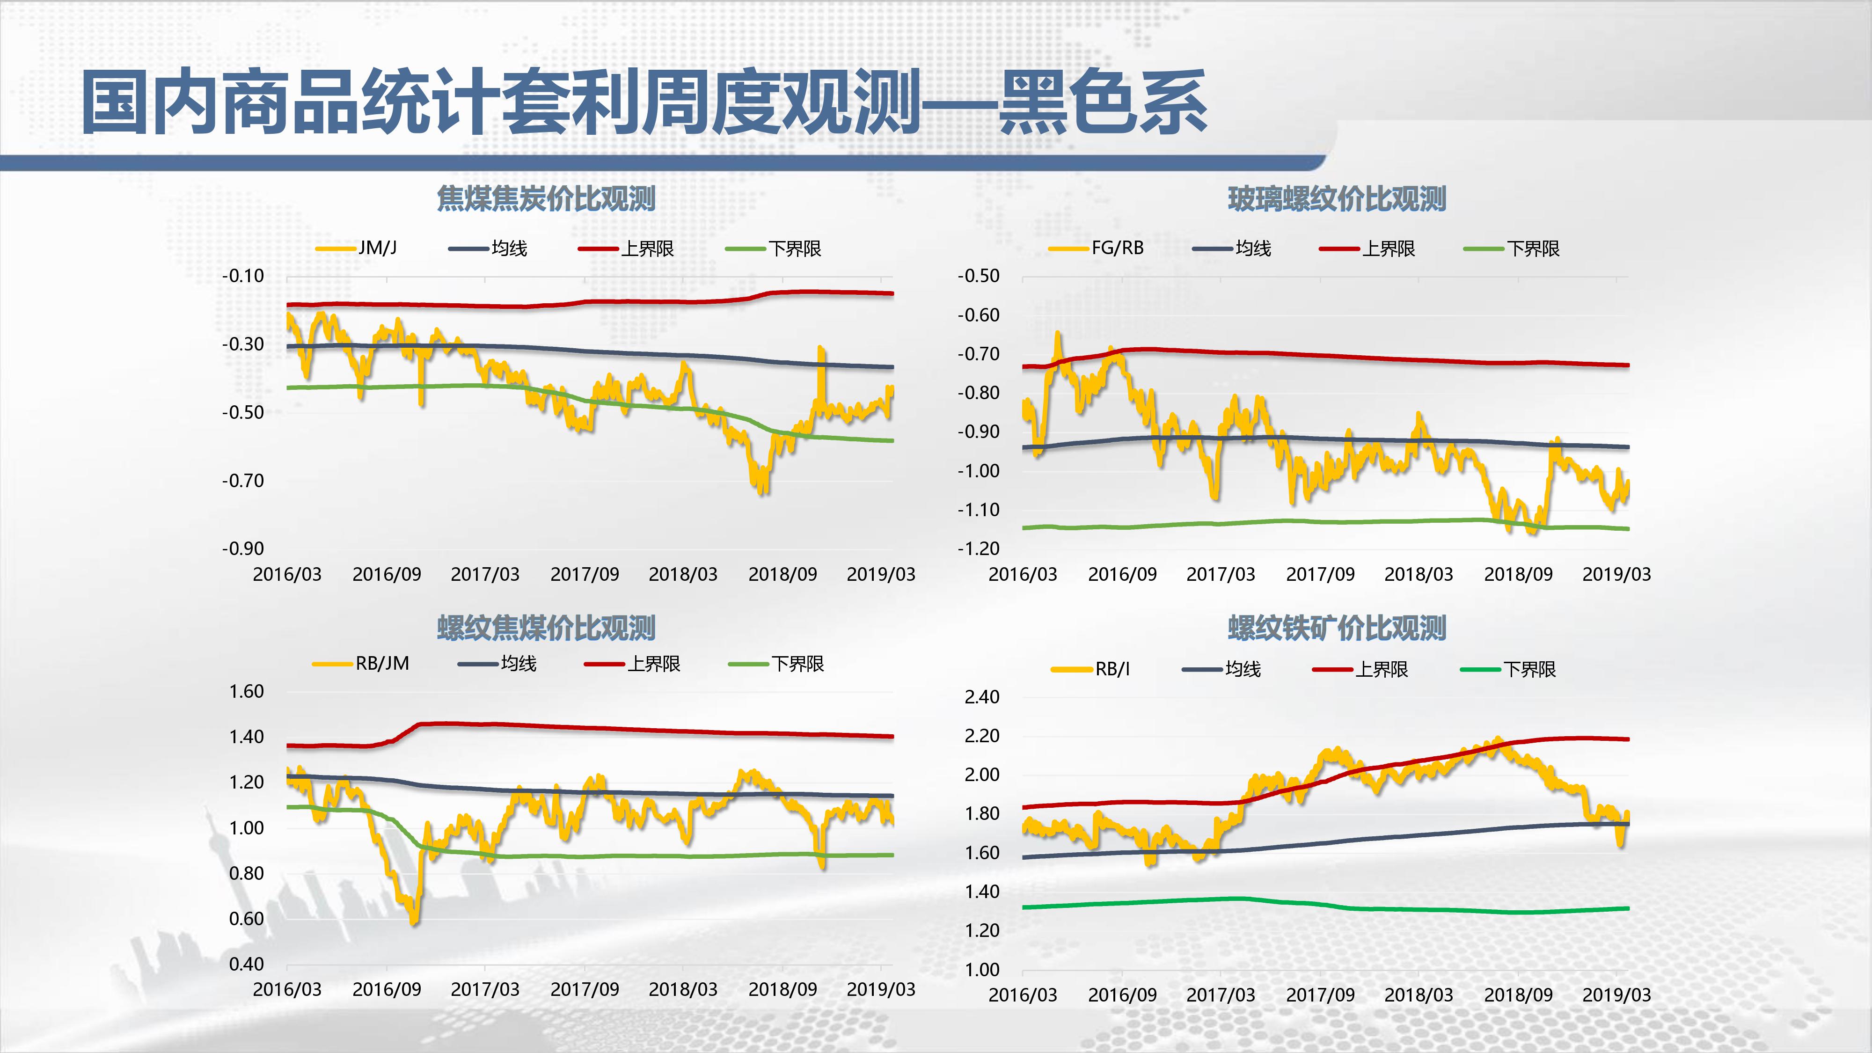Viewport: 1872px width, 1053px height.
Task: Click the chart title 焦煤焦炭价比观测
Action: tap(546, 198)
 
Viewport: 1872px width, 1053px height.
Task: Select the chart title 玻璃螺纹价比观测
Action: tap(1337, 198)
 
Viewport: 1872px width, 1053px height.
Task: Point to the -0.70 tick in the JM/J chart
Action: tap(243, 480)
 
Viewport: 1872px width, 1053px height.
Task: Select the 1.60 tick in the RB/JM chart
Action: tap(246, 691)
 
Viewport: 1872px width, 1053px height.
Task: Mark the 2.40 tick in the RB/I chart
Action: tap(982, 697)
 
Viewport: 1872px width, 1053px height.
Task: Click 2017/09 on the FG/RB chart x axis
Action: tap(1320, 574)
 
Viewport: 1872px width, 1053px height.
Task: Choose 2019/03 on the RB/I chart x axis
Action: tap(1616, 995)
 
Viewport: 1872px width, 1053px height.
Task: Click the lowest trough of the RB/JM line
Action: tap(414, 922)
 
